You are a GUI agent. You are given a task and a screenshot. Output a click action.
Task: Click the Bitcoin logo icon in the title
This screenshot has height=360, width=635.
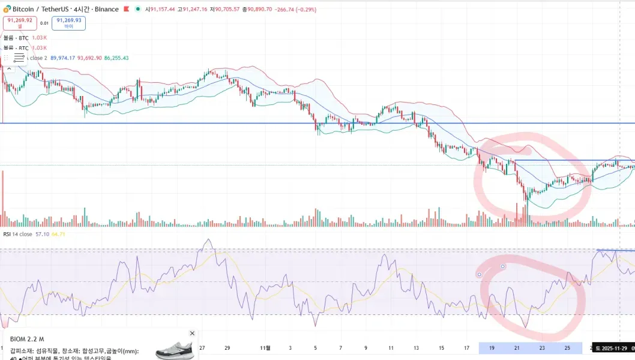pos(7,9)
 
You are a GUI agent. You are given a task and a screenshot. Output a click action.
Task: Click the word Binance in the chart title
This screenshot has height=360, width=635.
pos(107,9)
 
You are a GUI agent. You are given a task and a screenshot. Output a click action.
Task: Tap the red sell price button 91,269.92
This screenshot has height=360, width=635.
pos(19,23)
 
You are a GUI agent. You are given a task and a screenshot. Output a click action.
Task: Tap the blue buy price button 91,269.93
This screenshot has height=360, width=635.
pos(69,23)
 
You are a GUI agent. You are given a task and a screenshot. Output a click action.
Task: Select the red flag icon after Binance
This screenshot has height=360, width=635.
pos(127,9)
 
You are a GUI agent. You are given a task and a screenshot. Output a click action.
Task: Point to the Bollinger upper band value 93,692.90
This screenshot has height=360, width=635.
pos(89,58)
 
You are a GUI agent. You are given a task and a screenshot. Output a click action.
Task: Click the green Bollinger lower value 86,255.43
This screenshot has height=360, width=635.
pos(116,58)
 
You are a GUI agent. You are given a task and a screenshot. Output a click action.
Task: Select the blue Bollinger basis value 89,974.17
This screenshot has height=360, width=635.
pos(63,58)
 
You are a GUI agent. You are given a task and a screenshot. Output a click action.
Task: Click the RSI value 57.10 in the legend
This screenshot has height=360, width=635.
pos(42,234)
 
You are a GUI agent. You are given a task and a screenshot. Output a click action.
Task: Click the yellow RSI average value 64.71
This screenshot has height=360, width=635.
pos(58,234)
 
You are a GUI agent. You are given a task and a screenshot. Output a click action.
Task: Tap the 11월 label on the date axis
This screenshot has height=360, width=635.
pos(265,348)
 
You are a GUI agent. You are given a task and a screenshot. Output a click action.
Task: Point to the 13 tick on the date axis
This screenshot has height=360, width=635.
pos(416,348)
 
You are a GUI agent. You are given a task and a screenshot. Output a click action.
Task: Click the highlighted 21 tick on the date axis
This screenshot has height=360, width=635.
pos(517,348)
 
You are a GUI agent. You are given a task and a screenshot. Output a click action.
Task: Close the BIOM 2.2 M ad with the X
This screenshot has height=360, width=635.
pos(192,333)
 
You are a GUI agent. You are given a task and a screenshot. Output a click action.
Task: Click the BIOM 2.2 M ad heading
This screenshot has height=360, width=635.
pos(27,339)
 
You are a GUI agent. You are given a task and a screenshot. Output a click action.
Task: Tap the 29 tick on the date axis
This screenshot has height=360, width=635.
pos(227,348)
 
